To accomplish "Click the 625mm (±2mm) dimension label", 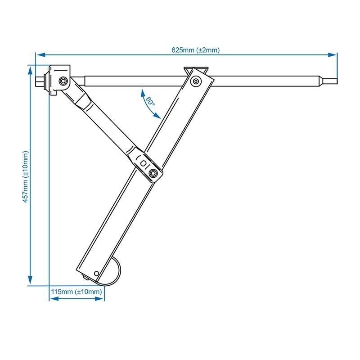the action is point(195,50).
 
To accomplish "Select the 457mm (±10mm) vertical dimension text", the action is point(26,176).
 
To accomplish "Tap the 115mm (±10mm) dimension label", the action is point(76,292).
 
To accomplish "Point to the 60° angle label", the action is point(150,101).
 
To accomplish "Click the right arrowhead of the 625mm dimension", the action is point(332,55).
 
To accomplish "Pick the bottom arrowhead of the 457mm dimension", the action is point(30,280).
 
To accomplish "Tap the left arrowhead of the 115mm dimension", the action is point(54,299).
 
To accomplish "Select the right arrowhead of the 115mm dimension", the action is point(99,299).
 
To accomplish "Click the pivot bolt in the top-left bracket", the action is point(63,81).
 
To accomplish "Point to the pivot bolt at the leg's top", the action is point(196,81).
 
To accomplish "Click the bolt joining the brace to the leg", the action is point(153,173).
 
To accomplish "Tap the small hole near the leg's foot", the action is point(97,274).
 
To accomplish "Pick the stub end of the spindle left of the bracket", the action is point(40,81).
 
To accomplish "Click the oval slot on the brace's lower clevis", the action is point(143,163).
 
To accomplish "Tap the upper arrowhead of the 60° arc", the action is point(143,93).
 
